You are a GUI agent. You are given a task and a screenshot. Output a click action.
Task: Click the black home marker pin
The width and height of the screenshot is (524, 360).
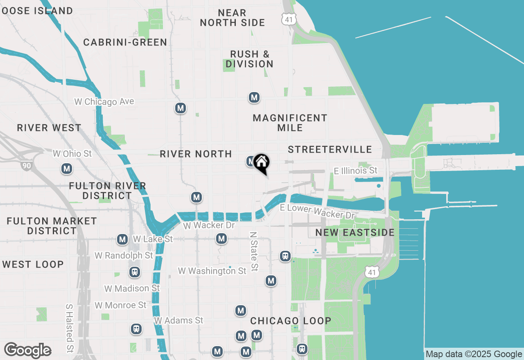click(261, 163)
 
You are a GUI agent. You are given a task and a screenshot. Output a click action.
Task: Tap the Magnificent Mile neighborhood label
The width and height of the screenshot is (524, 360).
click(290, 123)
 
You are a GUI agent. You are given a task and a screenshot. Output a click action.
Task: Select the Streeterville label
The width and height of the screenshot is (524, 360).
click(330, 150)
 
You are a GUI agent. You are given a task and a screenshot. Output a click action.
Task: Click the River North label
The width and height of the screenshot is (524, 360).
click(196, 154)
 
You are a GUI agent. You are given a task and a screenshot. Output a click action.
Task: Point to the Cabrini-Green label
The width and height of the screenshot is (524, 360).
click(125, 42)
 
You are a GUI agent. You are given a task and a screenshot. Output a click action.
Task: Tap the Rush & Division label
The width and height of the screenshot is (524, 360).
click(249, 59)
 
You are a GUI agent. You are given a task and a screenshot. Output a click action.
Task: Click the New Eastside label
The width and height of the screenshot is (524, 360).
click(355, 232)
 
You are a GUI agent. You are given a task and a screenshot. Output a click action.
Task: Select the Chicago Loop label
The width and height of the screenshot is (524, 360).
click(291, 321)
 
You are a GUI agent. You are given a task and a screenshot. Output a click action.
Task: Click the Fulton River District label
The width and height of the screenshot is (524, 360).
click(107, 191)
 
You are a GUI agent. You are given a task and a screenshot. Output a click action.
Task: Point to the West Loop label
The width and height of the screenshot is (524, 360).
click(33, 264)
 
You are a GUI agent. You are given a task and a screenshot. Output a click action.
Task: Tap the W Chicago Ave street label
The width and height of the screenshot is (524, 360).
click(104, 101)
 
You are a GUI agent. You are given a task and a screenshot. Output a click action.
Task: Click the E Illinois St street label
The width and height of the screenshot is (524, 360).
click(355, 170)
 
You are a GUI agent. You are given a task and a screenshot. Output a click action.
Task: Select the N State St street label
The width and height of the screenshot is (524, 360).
click(254, 252)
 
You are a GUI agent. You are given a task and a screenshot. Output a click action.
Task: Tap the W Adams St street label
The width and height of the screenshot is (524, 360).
click(178, 320)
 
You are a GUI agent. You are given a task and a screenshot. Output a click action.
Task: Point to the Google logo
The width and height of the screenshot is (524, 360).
click(27, 351)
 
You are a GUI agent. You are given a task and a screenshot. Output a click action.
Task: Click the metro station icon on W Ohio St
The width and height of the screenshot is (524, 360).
click(67, 169)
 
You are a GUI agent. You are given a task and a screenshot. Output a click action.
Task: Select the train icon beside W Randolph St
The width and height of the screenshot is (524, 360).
click(134, 272)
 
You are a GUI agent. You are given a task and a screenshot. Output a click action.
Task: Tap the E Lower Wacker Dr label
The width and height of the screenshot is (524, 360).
click(317, 211)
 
